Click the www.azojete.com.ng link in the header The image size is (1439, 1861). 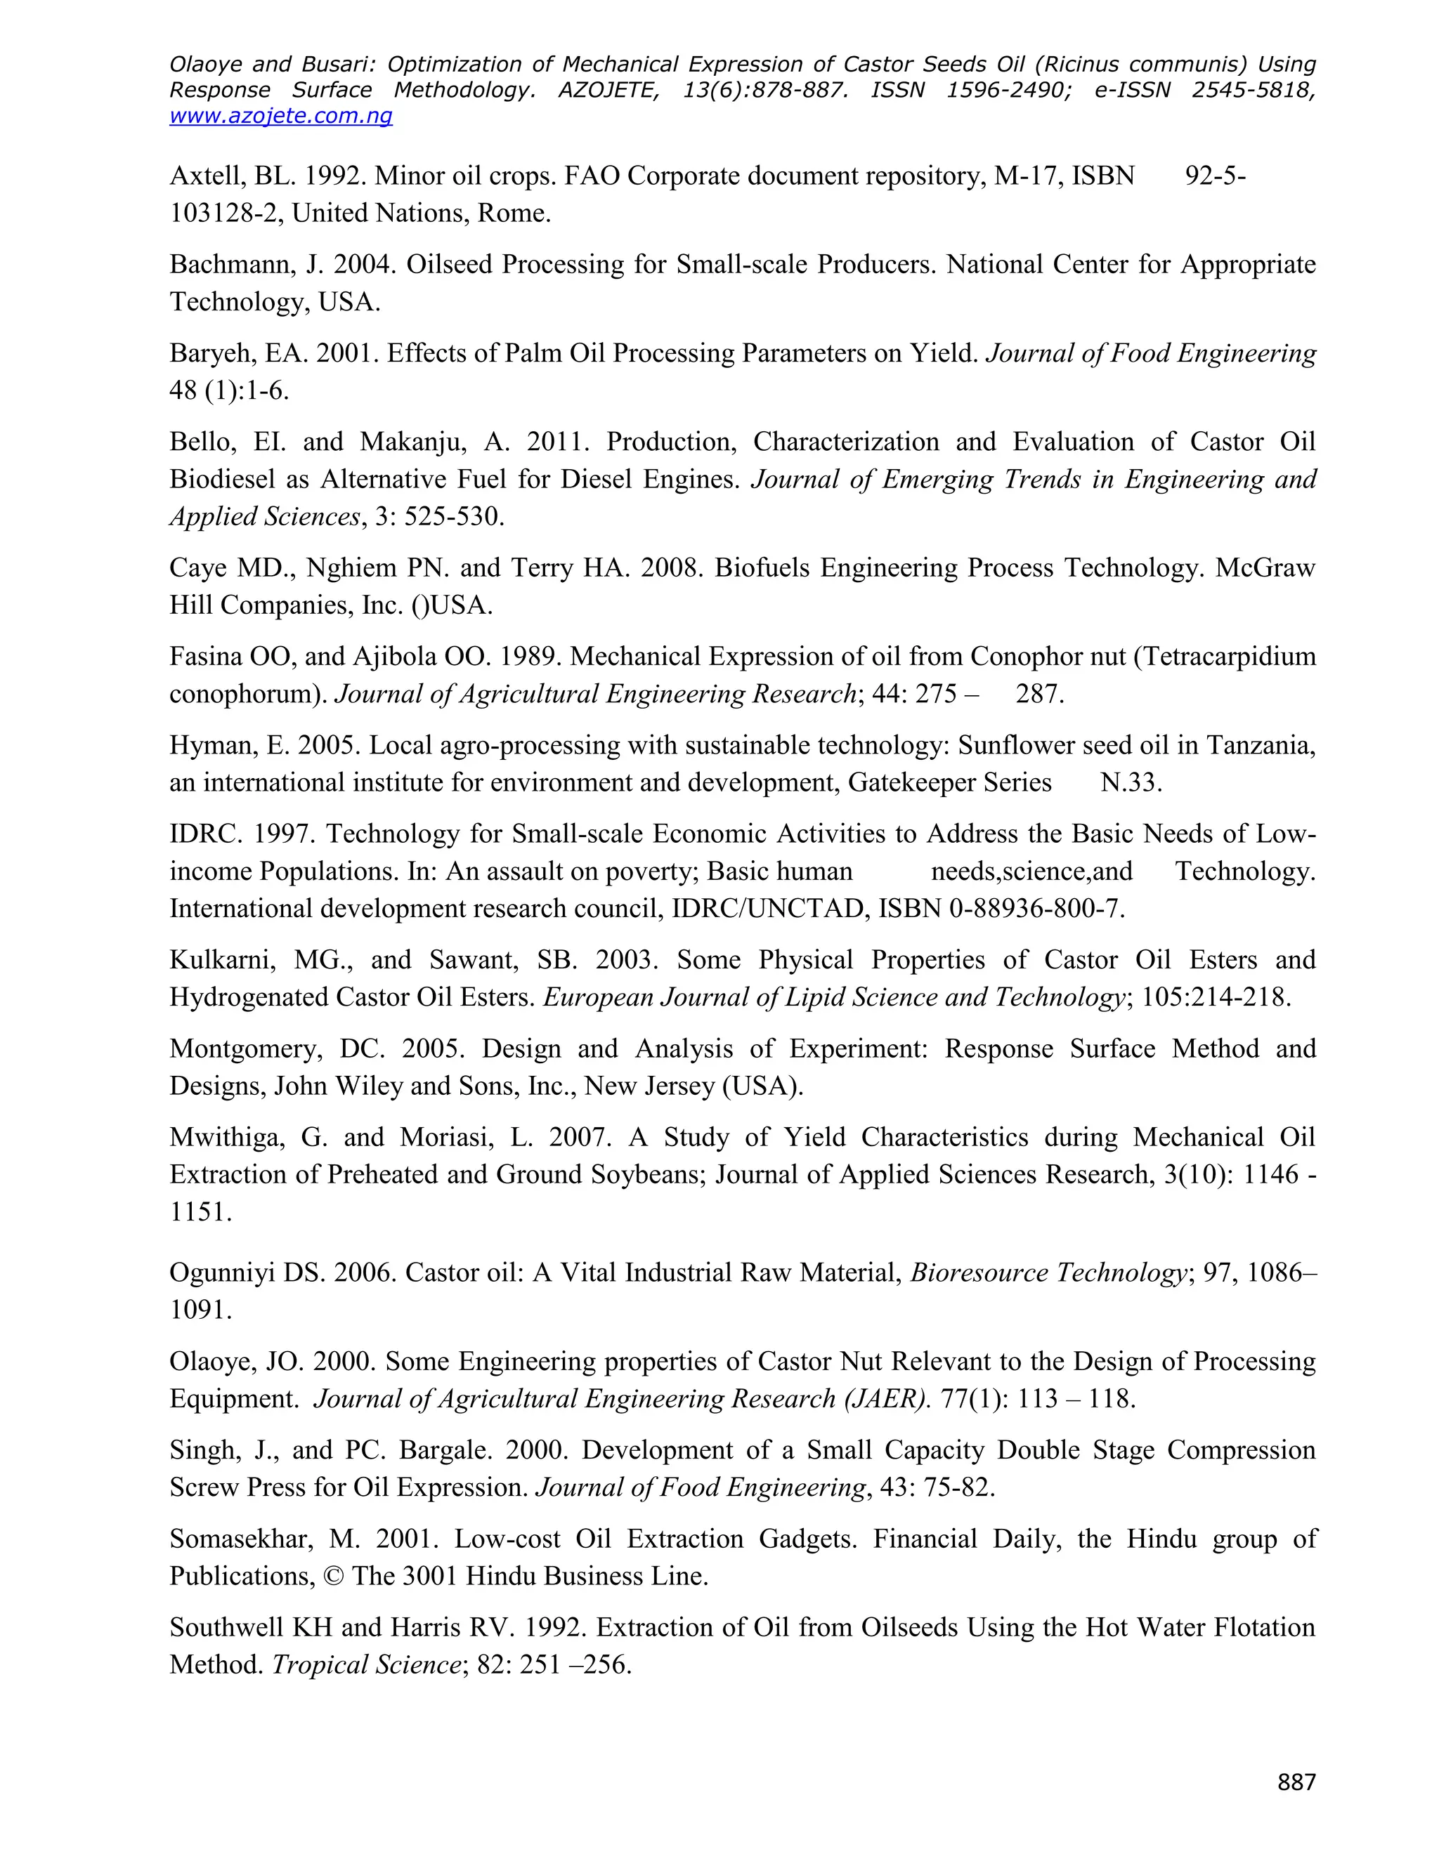tap(280, 116)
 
